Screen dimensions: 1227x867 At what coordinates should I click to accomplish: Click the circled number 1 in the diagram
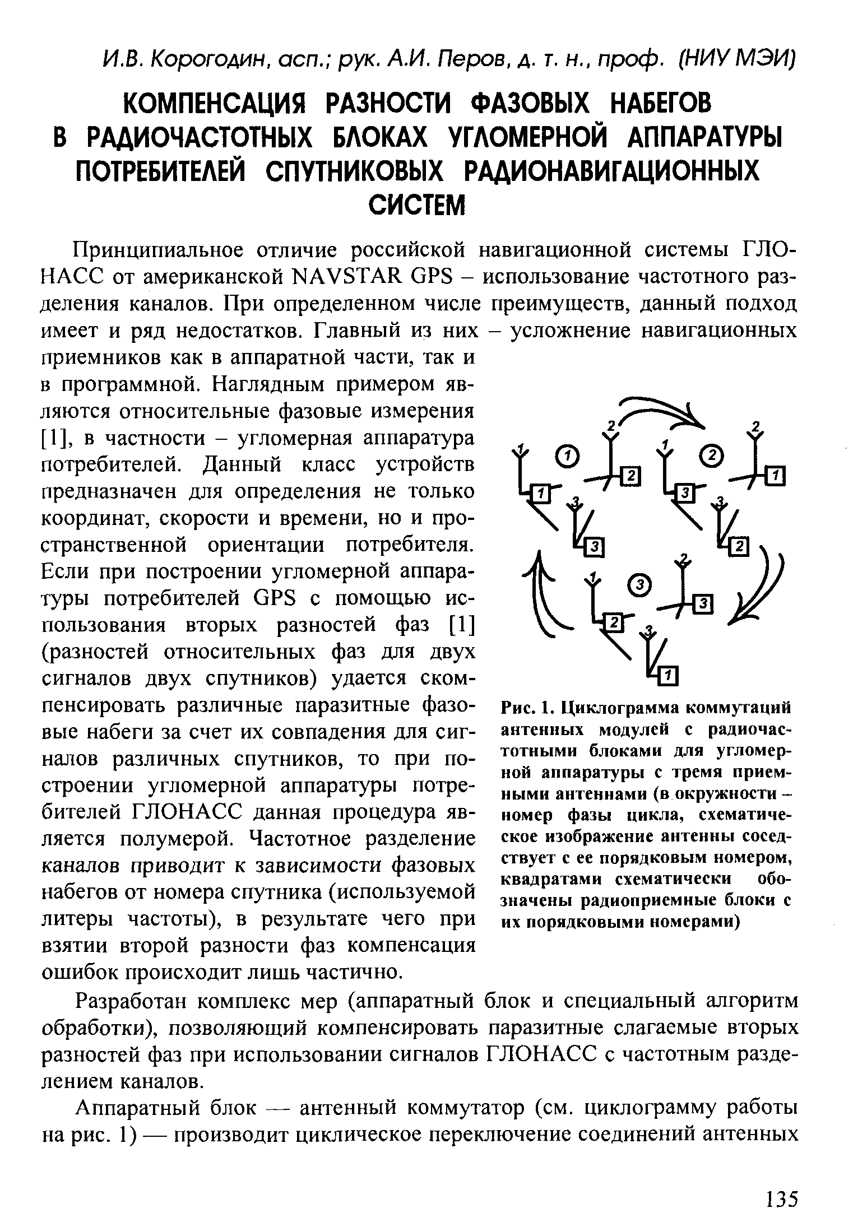tap(567, 457)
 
